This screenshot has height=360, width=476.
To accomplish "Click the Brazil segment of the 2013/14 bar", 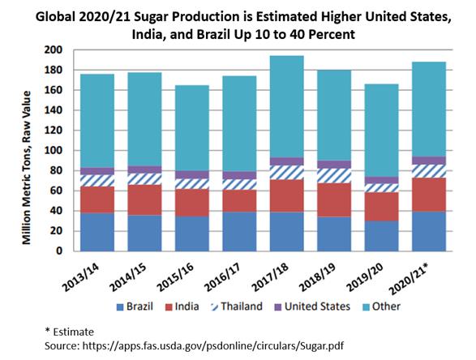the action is point(97,232).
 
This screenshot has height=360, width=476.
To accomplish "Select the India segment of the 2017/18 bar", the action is point(286,195).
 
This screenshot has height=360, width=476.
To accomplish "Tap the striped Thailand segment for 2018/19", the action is point(334,176).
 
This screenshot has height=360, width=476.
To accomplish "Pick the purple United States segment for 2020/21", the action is point(429,161).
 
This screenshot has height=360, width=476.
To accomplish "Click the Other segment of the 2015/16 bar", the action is point(192,128).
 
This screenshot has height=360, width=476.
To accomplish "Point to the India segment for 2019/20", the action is point(381,207).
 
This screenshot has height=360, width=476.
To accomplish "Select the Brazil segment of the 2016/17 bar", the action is point(239,232).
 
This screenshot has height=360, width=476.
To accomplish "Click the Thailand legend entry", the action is point(236,306).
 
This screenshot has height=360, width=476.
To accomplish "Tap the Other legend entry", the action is point(382,306).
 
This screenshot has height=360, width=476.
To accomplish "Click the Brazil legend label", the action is point(139,306).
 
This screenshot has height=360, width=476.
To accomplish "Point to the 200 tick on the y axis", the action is point(54,49).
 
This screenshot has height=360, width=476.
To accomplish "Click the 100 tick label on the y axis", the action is point(54,151).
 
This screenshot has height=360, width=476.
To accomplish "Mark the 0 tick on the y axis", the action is point(59,251).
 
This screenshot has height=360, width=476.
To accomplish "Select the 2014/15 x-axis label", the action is point(128,277).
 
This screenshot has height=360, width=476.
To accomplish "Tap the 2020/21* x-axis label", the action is point(409,279).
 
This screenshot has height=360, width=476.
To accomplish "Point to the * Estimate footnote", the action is point(69,332).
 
